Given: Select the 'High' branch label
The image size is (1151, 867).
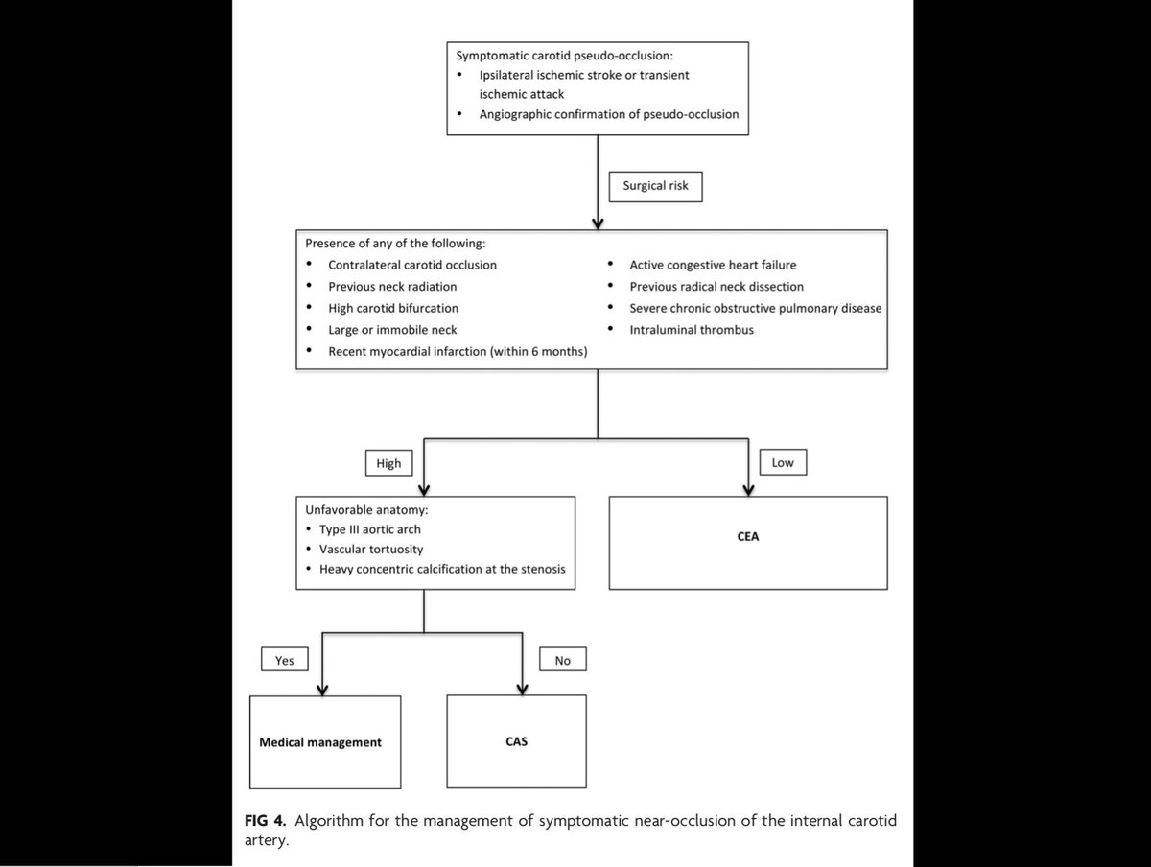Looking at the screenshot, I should [388, 464].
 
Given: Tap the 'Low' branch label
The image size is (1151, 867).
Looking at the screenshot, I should [782, 464].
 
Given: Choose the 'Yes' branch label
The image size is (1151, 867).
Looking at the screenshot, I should [284, 660].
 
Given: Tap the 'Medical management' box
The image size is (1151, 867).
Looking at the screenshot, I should [319, 742].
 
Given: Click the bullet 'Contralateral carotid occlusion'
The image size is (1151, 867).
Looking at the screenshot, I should [412, 265].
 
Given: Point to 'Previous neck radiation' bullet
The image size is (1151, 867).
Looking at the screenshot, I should [392, 287].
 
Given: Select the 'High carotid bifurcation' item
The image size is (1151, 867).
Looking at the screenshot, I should [393, 308].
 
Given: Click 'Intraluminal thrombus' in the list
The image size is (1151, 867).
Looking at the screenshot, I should [691, 330].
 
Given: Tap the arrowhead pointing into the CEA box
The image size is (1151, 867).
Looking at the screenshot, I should [747, 489].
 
